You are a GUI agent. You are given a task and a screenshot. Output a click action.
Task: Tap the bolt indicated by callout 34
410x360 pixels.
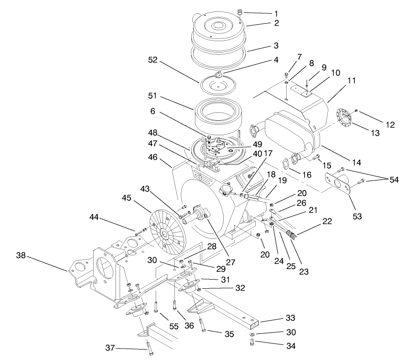[x=253, y=344]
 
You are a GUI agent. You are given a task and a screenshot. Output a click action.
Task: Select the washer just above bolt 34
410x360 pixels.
[x=252, y=334]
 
